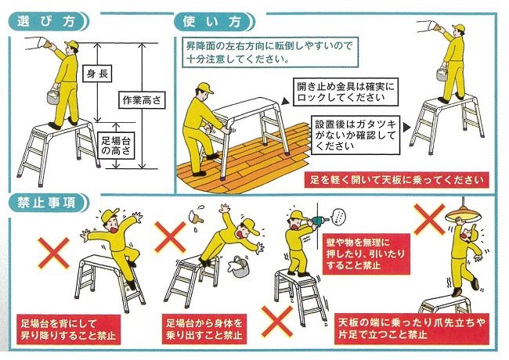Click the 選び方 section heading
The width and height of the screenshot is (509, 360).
(48, 21)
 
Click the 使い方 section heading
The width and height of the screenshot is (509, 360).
(214, 22)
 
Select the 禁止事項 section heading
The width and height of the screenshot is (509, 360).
(48, 203)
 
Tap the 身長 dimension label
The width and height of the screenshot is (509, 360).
(97, 74)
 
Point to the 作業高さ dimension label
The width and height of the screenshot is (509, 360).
(142, 100)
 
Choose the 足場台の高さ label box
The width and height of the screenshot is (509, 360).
(116, 145)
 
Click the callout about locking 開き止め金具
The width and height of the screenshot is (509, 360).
(345, 92)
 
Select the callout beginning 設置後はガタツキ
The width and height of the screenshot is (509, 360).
(356, 135)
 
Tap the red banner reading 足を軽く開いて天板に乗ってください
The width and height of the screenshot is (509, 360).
(397, 180)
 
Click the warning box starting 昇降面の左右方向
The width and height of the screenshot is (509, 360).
(270, 52)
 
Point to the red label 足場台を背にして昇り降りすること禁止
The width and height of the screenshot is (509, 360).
(68, 329)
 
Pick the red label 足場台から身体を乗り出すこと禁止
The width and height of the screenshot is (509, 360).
(204, 329)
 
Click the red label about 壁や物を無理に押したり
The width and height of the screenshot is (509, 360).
(366, 254)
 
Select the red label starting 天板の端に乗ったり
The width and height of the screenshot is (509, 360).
(412, 328)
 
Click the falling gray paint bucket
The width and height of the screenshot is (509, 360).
(240, 267)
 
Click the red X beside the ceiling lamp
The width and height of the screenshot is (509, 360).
(429, 220)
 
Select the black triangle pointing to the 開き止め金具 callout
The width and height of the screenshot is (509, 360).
(285, 101)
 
